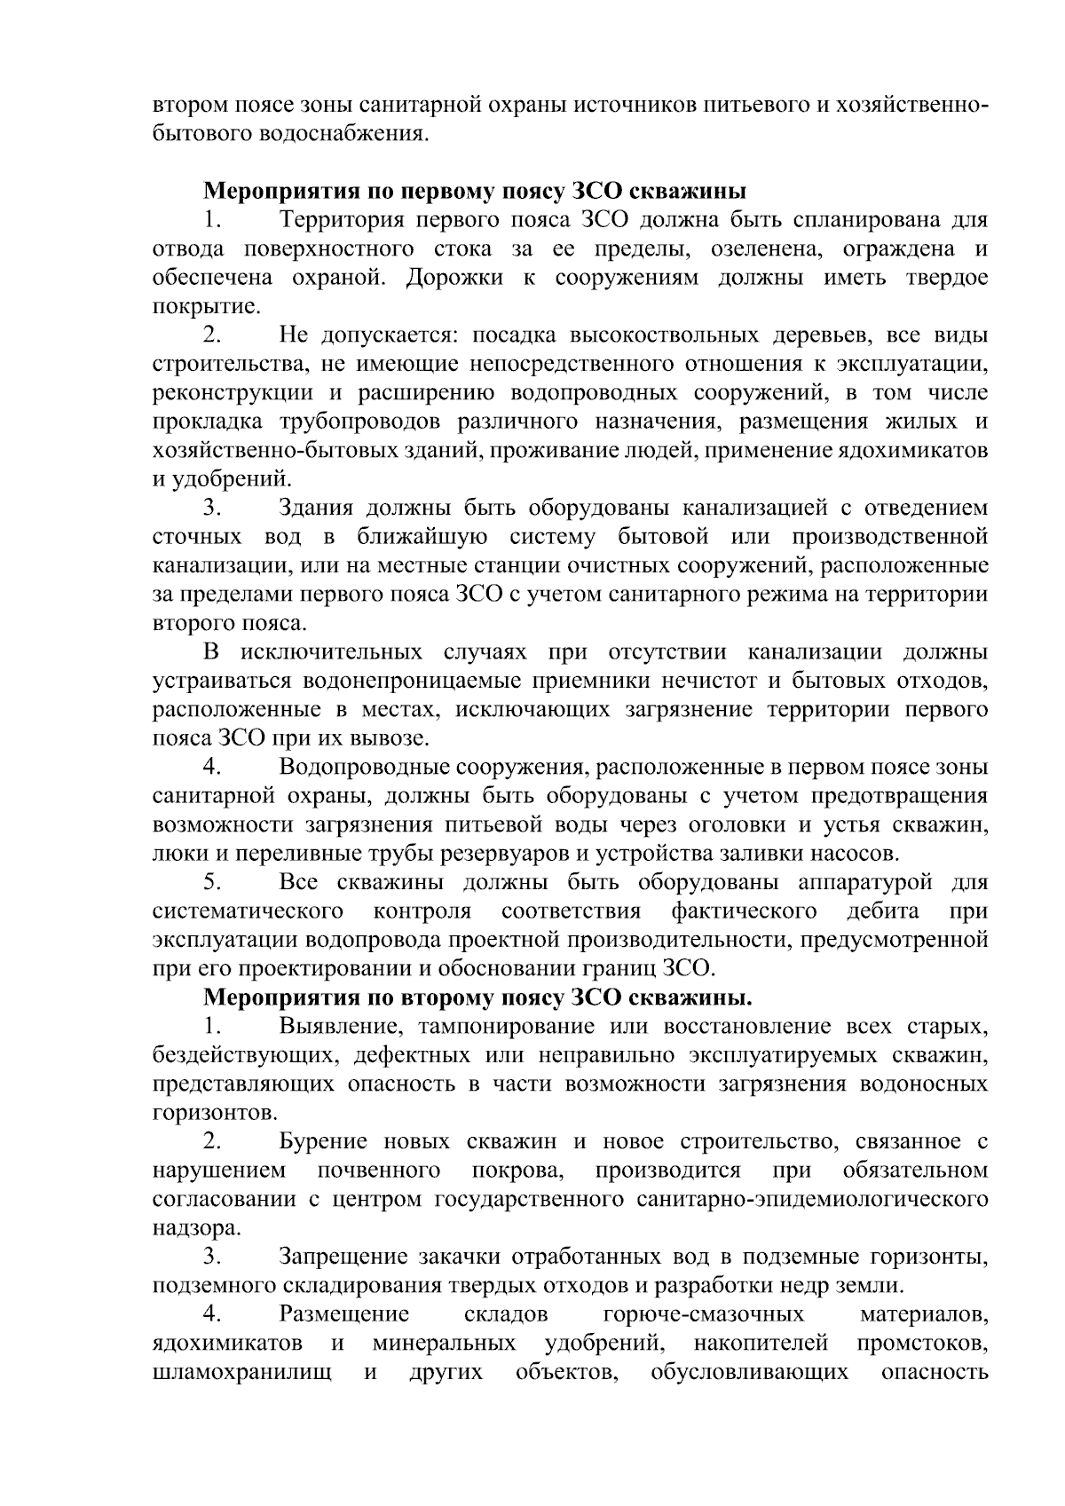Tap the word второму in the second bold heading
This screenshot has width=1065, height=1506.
(448, 998)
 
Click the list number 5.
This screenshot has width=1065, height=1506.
(211, 882)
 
